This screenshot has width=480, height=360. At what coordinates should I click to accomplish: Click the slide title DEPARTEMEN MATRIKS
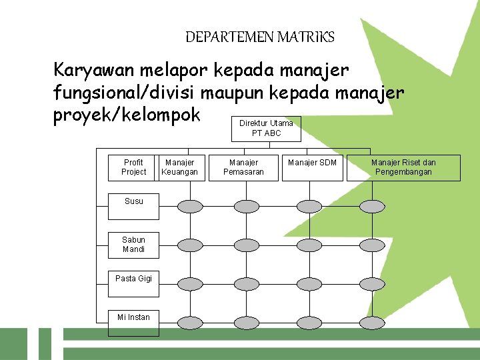260,37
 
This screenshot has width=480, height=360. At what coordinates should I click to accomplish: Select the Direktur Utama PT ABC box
266,128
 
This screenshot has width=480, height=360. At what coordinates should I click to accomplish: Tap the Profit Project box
133,167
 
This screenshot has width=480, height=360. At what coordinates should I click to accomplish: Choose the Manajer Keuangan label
179,167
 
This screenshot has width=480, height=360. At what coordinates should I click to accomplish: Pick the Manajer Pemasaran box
243,167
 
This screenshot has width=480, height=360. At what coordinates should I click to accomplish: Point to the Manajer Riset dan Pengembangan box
403,167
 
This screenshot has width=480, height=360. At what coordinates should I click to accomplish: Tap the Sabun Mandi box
133,245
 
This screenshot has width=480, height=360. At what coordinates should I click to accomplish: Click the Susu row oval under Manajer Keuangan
189,207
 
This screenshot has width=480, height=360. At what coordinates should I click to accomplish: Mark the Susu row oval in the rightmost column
372,207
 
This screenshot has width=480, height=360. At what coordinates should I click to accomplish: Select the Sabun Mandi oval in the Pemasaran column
247,245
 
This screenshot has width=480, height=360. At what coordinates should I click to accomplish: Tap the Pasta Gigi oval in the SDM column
309,283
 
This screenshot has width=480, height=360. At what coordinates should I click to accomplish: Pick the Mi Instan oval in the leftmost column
189,321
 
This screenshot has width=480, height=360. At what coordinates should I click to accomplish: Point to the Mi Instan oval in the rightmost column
372,321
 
